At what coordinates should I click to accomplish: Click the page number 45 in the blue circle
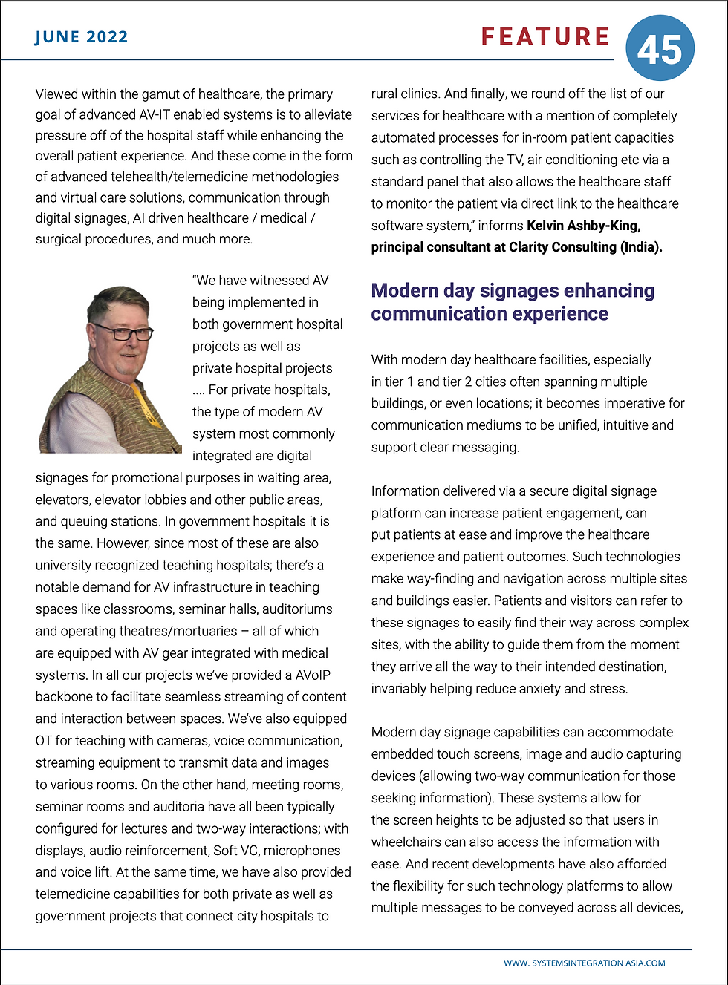click(x=660, y=50)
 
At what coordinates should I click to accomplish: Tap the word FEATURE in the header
click(x=545, y=37)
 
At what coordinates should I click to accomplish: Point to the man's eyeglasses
click(x=121, y=332)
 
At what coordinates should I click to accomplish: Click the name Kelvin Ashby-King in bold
click(x=583, y=225)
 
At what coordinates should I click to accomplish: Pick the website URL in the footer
click(x=584, y=963)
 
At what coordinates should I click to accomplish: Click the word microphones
click(x=302, y=851)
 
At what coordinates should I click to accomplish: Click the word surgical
click(x=58, y=239)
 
